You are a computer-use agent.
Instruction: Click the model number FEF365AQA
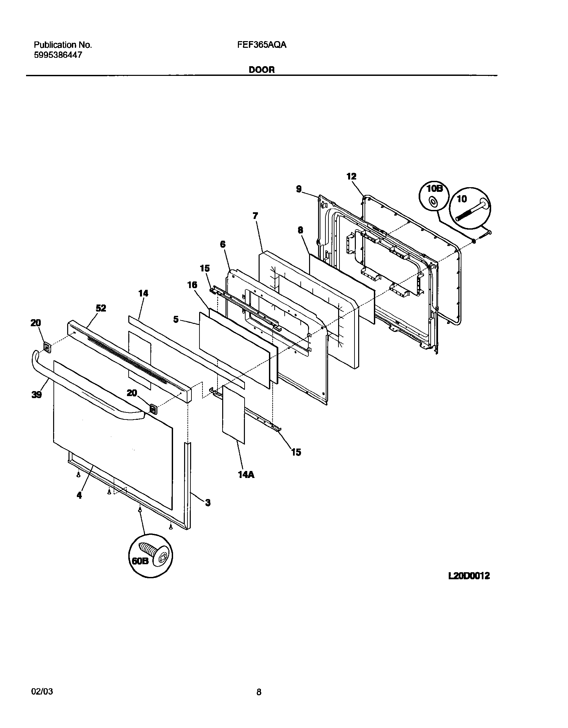[x=262, y=45]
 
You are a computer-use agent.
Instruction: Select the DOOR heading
[x=262, y=70]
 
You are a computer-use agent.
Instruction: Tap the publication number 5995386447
[x=58, y=55]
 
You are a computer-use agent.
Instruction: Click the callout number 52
[x=101, y=308]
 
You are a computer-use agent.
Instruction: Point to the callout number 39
[x=36, y=394]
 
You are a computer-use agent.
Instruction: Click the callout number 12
[x=351, y=176]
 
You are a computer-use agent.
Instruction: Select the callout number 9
[x=299, y=189]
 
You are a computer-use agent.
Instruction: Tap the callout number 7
[x=255, y=216]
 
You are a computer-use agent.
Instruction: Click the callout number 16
[x=192, y=285]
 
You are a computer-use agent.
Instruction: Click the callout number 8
[x=300, y=230]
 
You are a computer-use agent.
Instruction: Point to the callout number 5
[x=176, y=319]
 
